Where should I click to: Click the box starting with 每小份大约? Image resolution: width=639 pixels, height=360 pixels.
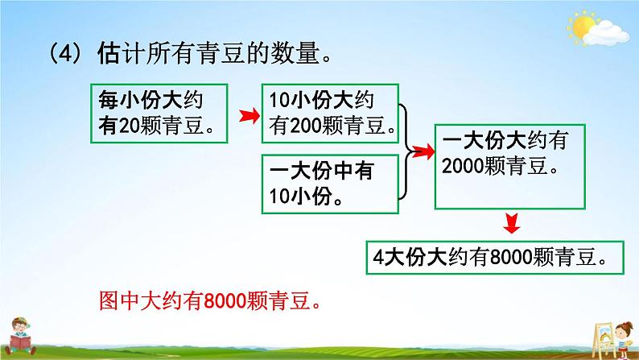[x=160, y=112]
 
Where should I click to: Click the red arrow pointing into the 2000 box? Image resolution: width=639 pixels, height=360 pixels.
[x=422, y=148]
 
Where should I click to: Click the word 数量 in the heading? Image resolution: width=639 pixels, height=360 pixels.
[x=291, y=56]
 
